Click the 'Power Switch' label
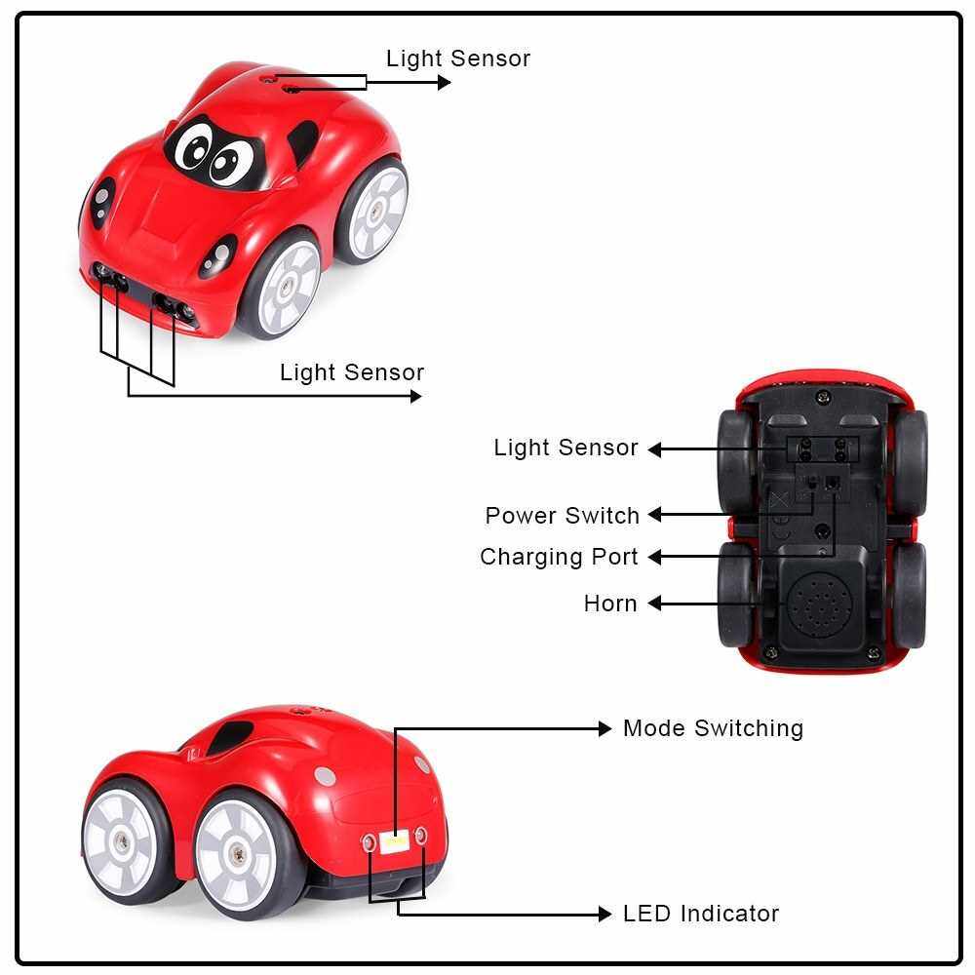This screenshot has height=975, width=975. click(x=563, y=515)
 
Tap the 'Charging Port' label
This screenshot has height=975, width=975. click(x=559, y=557)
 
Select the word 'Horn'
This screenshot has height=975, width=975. click(x=610, y=604)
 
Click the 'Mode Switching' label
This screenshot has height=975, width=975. click(x=713, y=728)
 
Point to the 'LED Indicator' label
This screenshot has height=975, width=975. click(x=701, y=914)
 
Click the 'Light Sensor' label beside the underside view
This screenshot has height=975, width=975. click(x=565, y=448)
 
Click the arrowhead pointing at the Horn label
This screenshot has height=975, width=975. click(x=655, y=604)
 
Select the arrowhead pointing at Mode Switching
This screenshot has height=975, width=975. click(x=604, y=728)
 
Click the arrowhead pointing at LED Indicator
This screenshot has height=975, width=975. click(x=604, y=914)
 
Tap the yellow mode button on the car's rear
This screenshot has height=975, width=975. click(x=395, y=839)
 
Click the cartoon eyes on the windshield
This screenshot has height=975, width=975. click(x=214, y=151)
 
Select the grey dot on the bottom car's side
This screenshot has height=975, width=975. click(x=325, y=776)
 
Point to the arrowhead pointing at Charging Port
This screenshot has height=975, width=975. click(x=655, y=557)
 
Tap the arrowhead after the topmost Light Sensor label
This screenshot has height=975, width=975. click(x=445, y=83)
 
